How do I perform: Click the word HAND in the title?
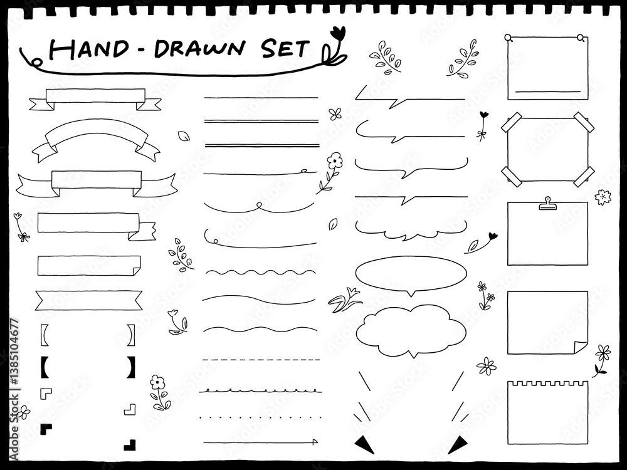[x=89, y=49]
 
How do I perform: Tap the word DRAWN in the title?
[x=199, y=49]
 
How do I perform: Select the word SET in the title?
[x=285, y=48]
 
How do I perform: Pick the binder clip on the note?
[x=547, y=203]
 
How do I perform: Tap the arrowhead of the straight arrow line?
[x=315, y=442]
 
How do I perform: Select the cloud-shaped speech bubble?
[x=411, y=331]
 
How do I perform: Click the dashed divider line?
[x=261, y=360]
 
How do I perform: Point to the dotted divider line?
[x=261, y=417]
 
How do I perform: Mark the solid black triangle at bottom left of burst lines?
[x=364, y=444]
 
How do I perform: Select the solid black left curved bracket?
[x=45, y=367]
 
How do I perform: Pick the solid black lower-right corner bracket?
[x=130, y=445]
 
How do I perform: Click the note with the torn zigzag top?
[x=548, y=412]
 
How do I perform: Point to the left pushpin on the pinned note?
[x=508, y=38]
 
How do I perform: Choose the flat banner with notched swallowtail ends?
[x=89, y=301]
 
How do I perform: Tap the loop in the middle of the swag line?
[x=260, y=206]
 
